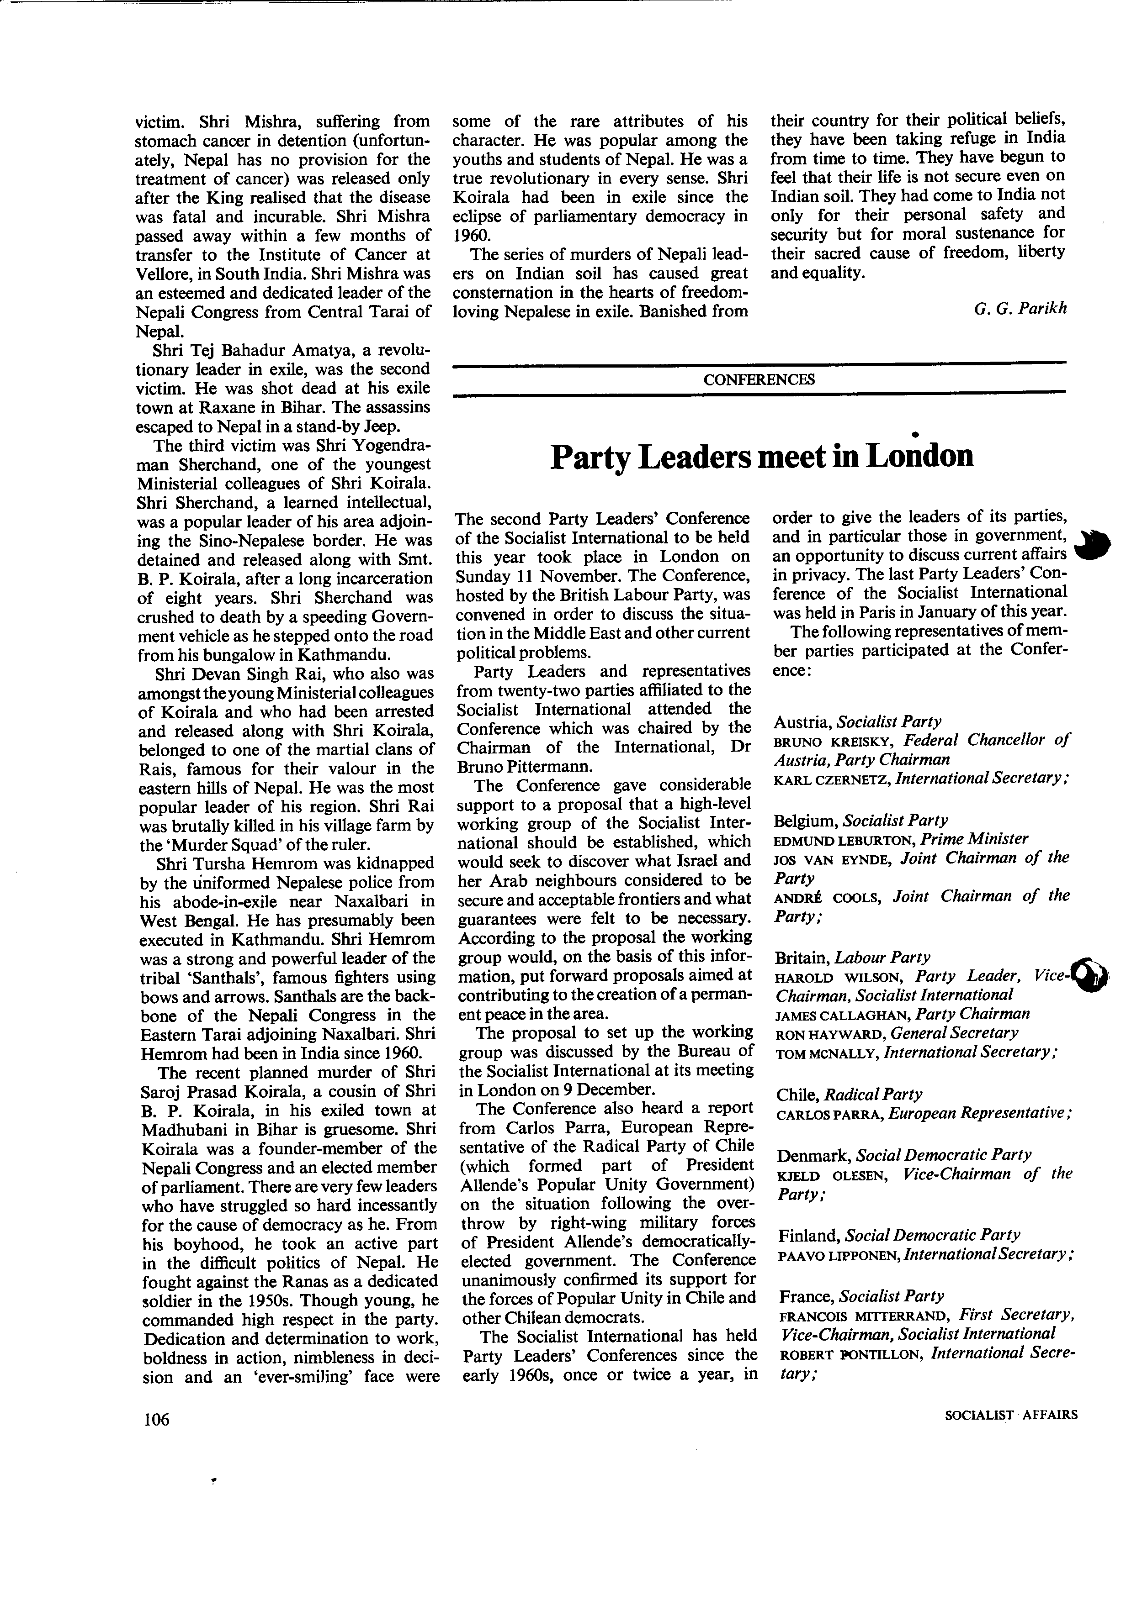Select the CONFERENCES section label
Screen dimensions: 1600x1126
(759, 380)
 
